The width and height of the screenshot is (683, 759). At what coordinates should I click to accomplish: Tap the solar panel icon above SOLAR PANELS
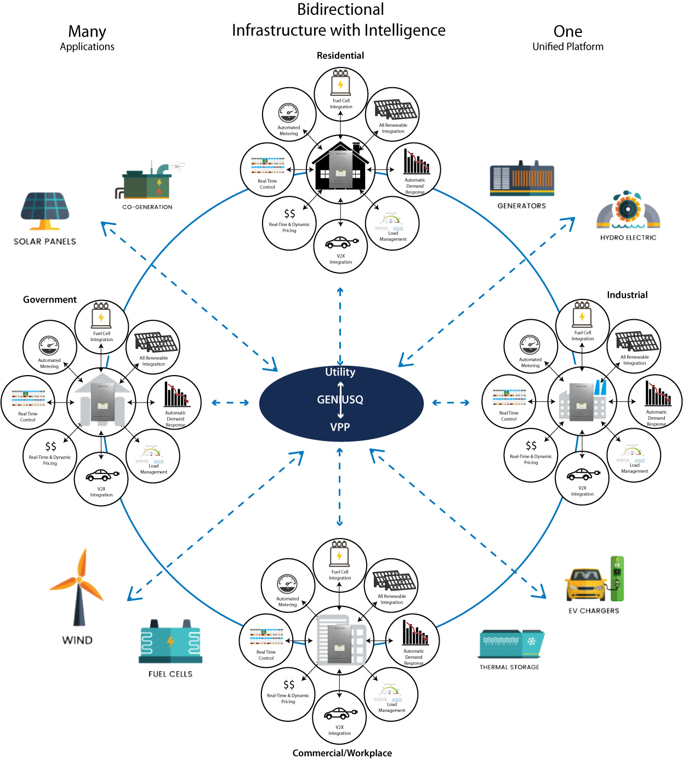coord(45,211)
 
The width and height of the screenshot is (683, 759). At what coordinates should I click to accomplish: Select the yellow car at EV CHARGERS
coord(586,585)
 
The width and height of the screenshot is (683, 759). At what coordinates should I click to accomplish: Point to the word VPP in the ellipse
coord(340,427)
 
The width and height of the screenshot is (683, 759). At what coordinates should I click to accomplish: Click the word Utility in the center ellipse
coord(340,372)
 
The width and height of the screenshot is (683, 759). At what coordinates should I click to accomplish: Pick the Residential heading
coord(340,55)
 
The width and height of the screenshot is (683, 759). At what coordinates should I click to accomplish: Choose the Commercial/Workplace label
coord(342,752)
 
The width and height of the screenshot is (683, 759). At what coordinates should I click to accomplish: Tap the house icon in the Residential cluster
coord(340,166)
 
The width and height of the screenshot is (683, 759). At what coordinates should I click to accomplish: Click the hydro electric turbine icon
coord(628,211)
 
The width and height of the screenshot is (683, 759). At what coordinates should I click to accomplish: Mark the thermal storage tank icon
coord(511,644)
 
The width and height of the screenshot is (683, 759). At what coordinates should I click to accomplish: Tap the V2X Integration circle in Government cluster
coord(101,479)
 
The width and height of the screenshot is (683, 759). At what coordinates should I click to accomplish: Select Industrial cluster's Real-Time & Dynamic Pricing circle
coord(531,455)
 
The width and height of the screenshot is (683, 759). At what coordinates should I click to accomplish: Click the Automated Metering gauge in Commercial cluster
coord(287,584)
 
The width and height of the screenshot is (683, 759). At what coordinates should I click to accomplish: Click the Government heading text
coord(50,299)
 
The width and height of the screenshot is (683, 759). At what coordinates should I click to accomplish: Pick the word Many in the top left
coord(87,32)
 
